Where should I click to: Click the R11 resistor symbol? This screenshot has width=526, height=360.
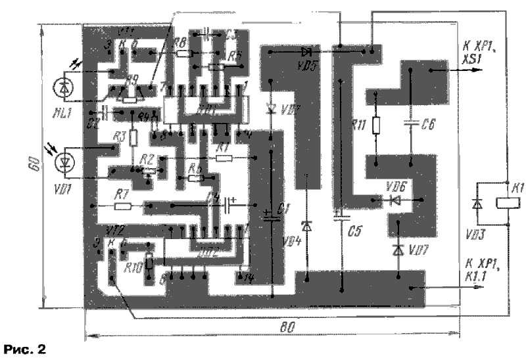tap(376, 125)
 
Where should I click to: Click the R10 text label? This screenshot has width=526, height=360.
tap(133, 266)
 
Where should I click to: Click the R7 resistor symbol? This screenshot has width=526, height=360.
tap(123, 206)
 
